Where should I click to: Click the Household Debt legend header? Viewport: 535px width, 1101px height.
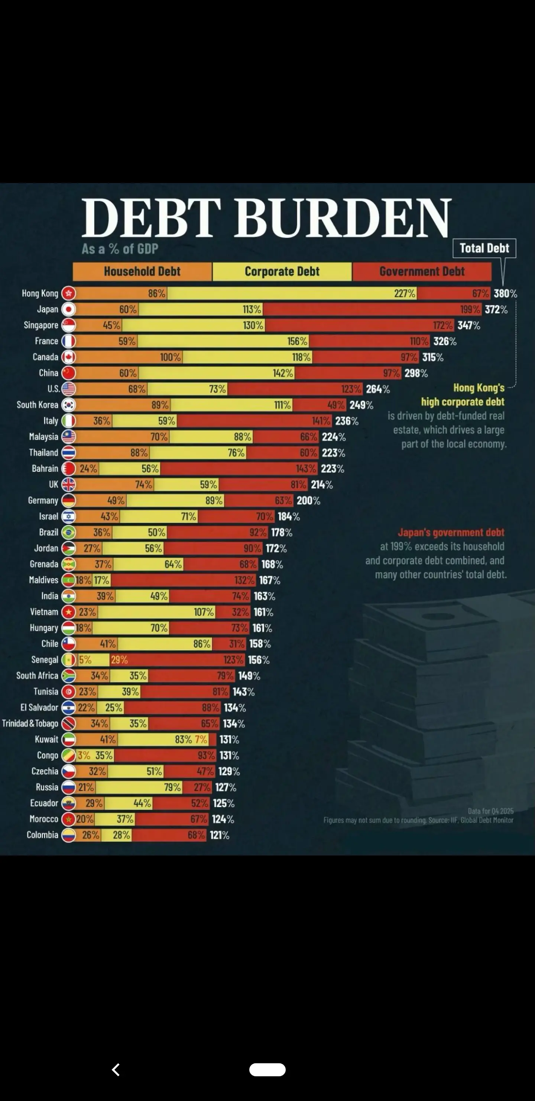tap(142, 272)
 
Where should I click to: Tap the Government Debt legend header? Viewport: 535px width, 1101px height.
tap(422, 272)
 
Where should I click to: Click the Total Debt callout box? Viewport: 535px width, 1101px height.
tap(484, 248)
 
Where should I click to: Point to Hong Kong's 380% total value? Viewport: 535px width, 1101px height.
tap(505, 293)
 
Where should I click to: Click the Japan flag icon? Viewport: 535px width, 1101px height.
tap(68, 309)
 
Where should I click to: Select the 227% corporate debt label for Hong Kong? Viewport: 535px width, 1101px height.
tap(404, 293)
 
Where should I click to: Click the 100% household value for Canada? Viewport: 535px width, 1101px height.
tap(171, 357)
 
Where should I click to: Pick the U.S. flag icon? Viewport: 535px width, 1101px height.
tap(68, 389)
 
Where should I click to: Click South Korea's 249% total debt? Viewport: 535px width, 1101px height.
tap(361, 405)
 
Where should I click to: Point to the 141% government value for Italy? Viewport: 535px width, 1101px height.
tap(321, 421)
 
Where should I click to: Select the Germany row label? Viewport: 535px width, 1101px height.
tap(43, 501)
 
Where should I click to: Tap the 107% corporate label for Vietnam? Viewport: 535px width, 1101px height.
tap(204, 612)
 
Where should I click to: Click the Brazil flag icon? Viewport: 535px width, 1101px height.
tap(68, 532)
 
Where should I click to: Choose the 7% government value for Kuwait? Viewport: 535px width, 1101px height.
tap(201, 739)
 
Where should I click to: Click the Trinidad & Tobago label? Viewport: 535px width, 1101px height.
tap(30, 723)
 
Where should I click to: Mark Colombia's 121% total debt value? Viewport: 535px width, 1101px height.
tap(220, 835)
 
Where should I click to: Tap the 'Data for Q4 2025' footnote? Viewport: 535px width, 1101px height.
tap(490, 811)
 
